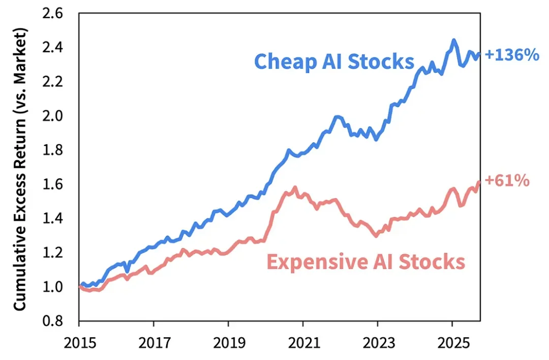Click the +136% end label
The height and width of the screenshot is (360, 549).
[x=511, y=55]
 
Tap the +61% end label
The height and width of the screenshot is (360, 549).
[x=507, y=180]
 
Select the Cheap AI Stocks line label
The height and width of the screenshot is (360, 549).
[x=334, y=61]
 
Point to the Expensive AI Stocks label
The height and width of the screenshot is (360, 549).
[x=365, y=262]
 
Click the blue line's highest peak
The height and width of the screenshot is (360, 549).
[x=453, y=40]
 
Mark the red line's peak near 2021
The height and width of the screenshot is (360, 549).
[x=295, y=188]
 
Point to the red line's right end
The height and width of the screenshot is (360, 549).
[x=478, y=182]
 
